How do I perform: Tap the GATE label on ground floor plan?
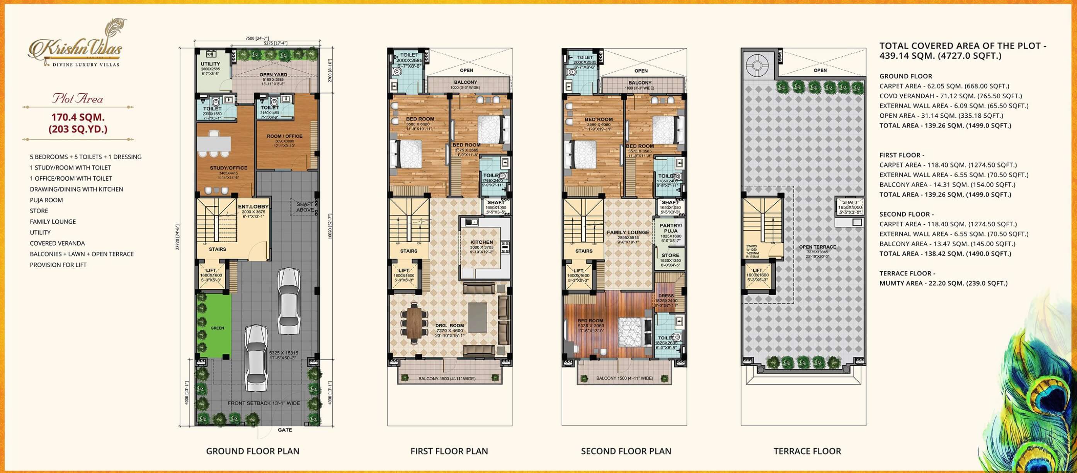pyautogui.click(x=285, y=429)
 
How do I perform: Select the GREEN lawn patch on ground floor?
pyautogui.click(x=217, y=328)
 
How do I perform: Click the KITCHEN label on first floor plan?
pyautogui.click(x=481, y=242)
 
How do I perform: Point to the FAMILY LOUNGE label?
pyautogui.click(x=628, y=232)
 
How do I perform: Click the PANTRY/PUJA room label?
pyautogui.click(x=670, y=228)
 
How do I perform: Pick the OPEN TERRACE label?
pyautogui.click(x=817, y=247)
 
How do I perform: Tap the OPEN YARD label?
pyautogui.click(x=273, y=75)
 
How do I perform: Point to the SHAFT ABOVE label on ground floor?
pyautogui.click(x=305, y=207)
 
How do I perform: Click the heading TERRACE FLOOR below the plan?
pyautogui.click(x=807, y=451)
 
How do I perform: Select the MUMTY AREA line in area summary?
pyautogui.click(x=943, y=283)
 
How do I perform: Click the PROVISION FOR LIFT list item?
pyautogui.click(x=58, y=264)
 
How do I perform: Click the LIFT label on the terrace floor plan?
pyautogui.click(x=757, y=270)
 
